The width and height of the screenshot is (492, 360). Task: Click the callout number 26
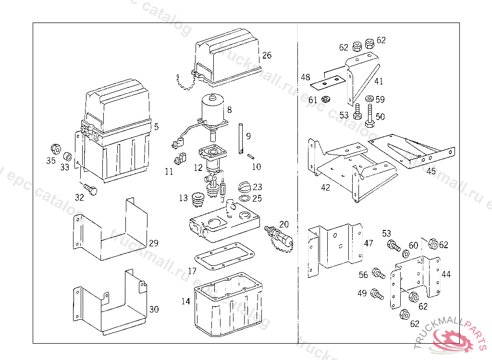coord(267,55)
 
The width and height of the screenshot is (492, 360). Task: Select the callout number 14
coord(185,301)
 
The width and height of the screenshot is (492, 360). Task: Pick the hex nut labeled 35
coord(55,147)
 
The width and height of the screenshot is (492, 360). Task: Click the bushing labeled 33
coord(68,156)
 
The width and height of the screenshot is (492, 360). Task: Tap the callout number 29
coord(153,243)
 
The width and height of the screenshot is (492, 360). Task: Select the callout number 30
coord(154,309)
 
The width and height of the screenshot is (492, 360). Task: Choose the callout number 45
coord(431,171)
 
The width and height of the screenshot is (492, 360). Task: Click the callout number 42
coord(326,187)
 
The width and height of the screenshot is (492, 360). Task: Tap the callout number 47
coord(369,243)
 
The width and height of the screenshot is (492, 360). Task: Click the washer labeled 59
coord(369,99)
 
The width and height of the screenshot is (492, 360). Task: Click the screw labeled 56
coord(379,275)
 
